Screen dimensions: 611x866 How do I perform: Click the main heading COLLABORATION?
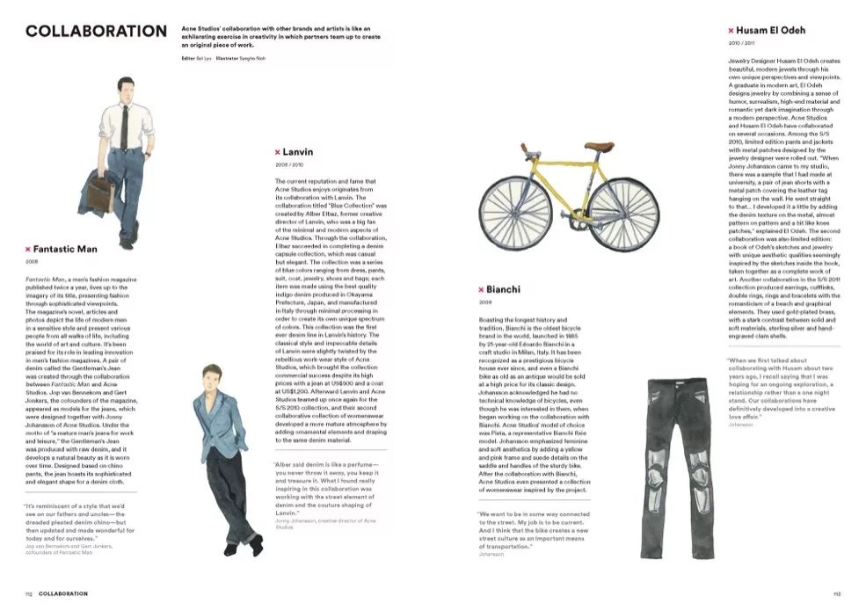(x=97, y=32)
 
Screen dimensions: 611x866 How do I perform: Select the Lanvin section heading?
(x=298, y=152)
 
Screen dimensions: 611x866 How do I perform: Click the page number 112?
(x=28, y=593)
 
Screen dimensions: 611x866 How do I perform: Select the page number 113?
(x=836, y=593)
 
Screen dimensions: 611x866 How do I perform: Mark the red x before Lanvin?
(x=278, y=152)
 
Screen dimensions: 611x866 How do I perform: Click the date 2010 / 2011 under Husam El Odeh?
(x=741, y=42)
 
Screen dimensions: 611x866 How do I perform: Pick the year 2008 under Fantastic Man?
(x=31, y=261)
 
